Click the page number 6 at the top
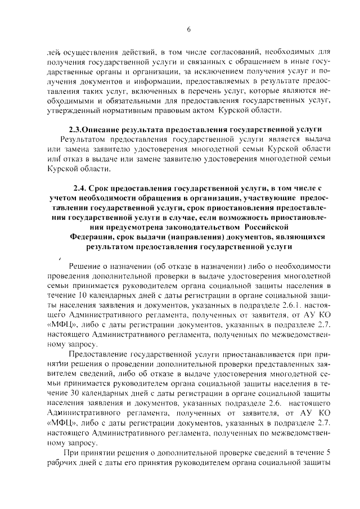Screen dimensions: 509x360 pyautogui.click(x=189, y=29)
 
